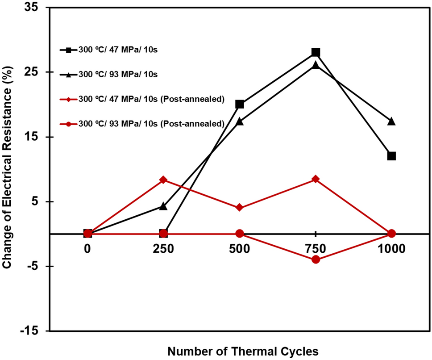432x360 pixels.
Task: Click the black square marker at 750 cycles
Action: [316, 52]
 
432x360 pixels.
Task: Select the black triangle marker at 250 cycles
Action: [163, 206]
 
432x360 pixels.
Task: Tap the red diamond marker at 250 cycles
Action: [163, 180]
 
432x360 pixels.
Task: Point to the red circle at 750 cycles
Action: [316, 260]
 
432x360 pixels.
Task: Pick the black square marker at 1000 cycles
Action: [391, 156]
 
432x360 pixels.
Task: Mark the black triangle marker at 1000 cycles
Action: [391, 121]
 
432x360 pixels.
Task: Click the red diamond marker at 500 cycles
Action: [240, 207]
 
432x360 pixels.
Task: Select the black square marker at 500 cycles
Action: [240, 104]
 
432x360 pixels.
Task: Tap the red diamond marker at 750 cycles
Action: [316, 179]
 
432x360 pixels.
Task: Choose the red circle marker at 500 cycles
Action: [240, 234]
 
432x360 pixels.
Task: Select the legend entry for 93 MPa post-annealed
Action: [150, 124]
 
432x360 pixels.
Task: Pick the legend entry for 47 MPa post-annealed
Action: [150, 100]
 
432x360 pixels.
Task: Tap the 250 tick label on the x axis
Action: [163, 249]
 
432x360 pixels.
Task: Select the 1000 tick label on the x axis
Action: [391, 249]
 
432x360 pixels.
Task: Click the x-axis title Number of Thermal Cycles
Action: [243, 351]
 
